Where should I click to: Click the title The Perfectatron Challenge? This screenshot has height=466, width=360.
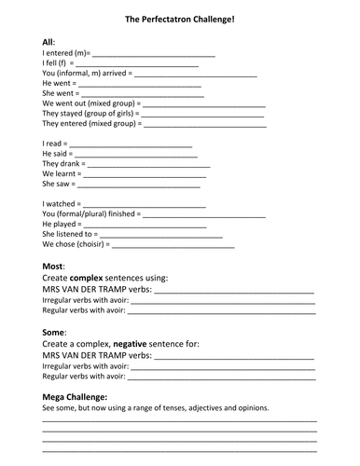tap(179, 18)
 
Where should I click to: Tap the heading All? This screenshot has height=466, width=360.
tap(49, 43)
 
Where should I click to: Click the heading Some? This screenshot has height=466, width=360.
tap(54, 332)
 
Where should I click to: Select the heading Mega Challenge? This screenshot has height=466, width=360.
tap(81, 397)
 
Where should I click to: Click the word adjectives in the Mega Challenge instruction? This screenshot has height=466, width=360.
tap(213, 408)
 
